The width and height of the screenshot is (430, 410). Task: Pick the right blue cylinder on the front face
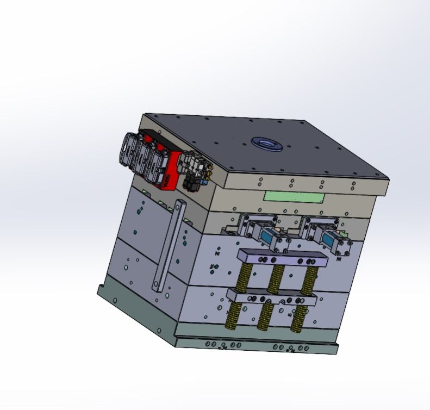click(329, 238)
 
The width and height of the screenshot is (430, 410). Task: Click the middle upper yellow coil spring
click(276, 278)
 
